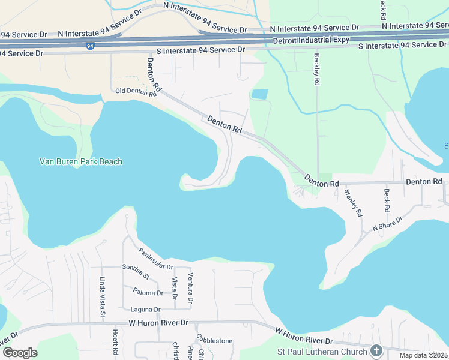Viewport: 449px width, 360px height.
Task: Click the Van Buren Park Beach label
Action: (80, 161)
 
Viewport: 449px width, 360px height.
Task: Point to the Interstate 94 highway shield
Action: (89, 46)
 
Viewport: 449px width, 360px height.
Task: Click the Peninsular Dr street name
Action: (155, 259)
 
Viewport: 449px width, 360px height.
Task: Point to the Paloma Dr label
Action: (147, 293)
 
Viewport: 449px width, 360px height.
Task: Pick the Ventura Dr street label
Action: (190, 287)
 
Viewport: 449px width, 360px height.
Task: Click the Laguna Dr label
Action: (145, 310)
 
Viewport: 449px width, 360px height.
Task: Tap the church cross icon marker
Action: (376, 350)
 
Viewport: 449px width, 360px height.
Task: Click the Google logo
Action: (20, 353)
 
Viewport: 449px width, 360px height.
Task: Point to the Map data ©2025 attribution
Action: (424, 355)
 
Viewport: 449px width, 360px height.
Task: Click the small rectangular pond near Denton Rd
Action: (259, 94)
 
